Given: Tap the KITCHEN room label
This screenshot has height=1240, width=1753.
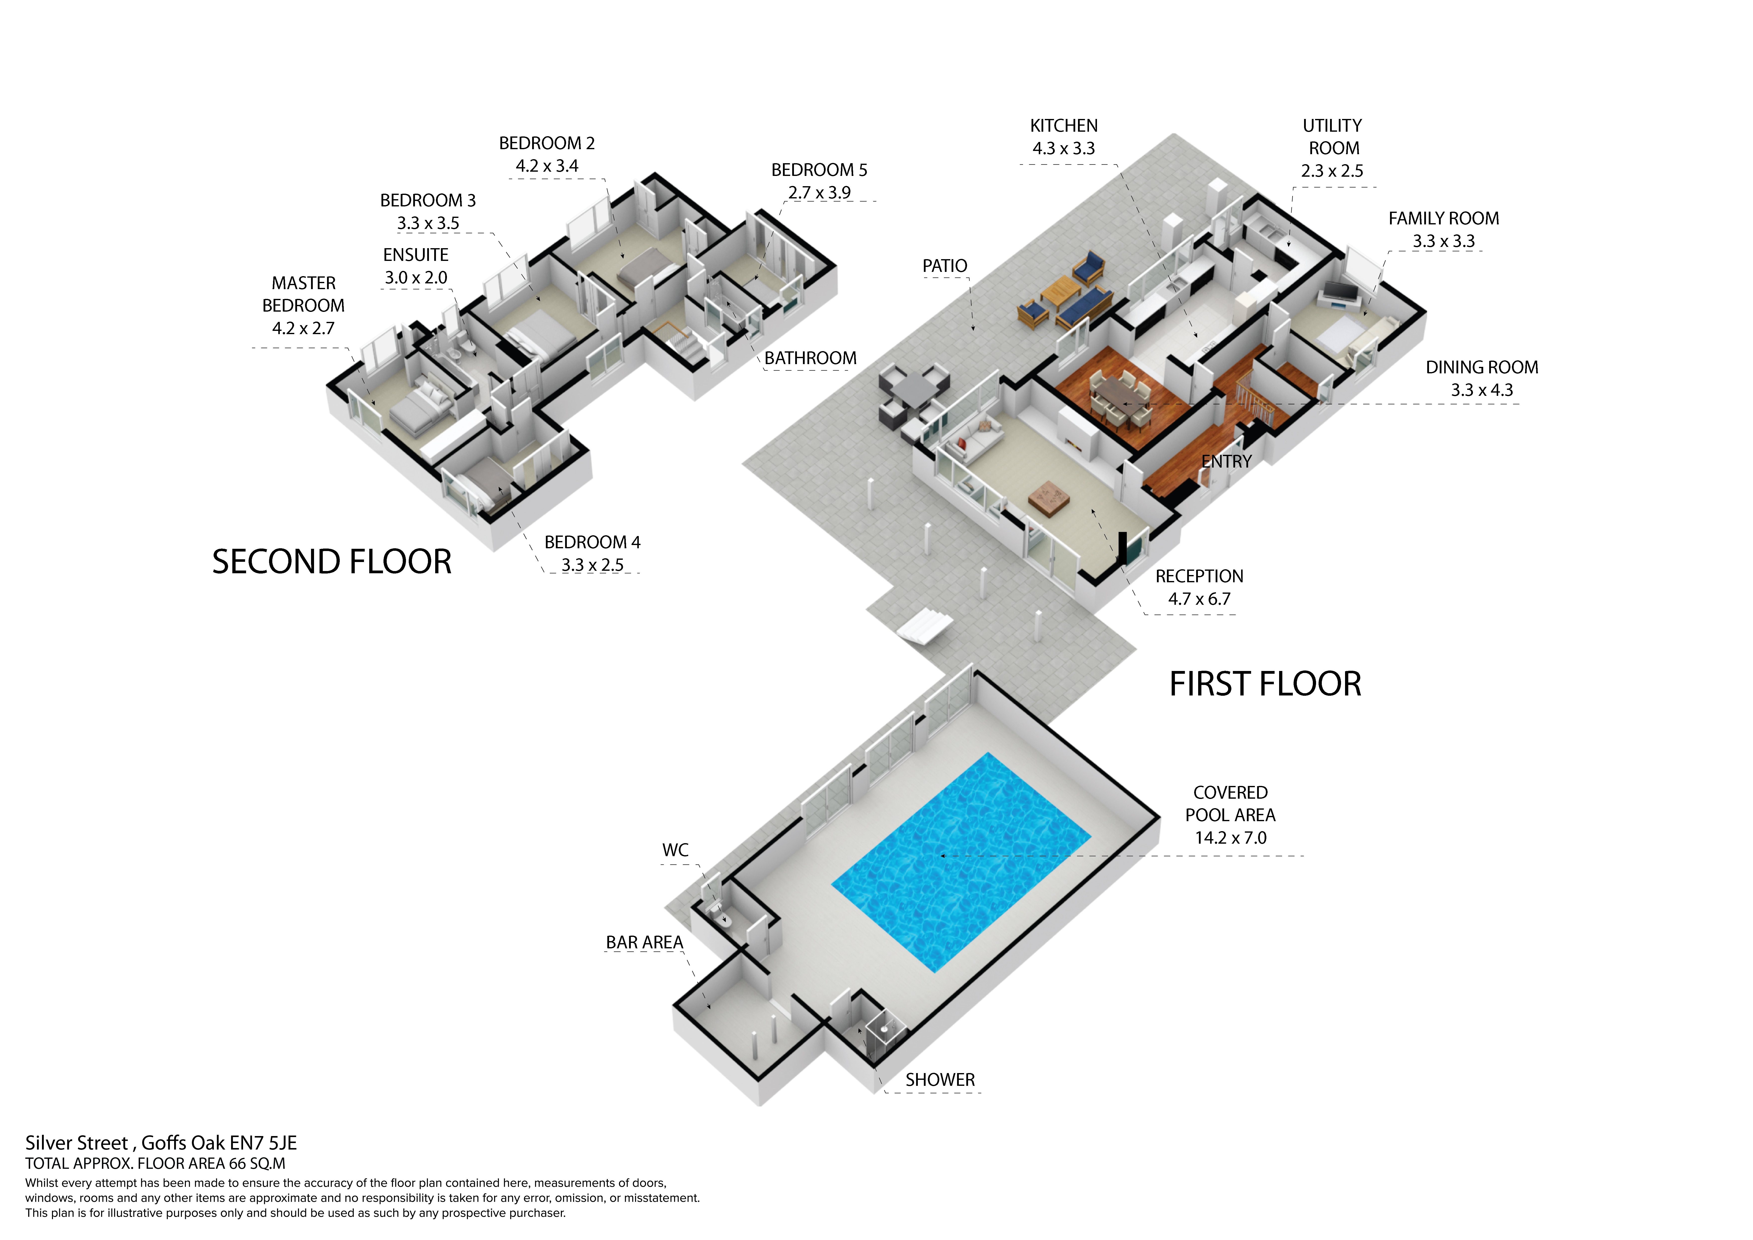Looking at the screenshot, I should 1063,126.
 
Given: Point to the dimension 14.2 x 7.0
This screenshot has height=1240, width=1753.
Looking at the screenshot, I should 1230,838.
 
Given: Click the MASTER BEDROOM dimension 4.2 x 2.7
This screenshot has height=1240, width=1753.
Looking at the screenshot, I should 303,328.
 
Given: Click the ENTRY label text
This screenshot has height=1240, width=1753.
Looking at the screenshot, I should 1226,462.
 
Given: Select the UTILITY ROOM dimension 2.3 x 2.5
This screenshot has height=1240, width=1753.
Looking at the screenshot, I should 1332,171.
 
